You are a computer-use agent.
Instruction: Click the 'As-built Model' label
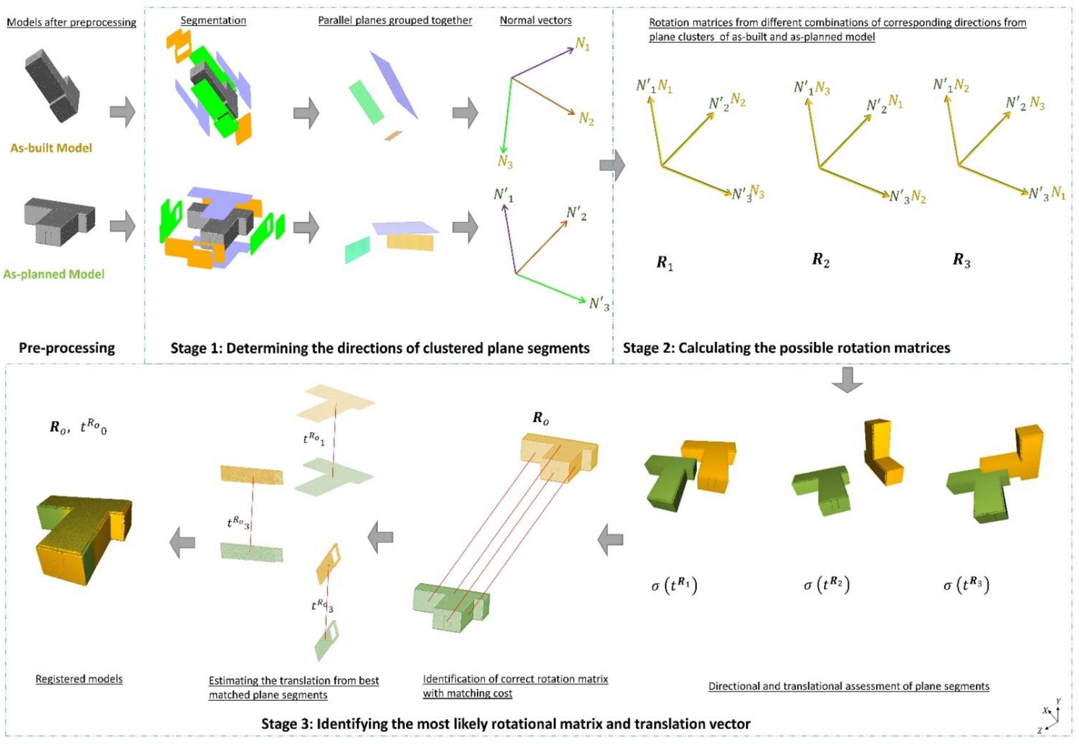(x=51, y=148)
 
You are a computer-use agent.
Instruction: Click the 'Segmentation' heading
(x=213, y=20)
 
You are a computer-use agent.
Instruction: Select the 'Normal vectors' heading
(x=535, y=20)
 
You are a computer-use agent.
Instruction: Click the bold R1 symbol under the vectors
(x=664, y=263)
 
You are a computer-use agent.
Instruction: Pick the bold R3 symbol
(x=961, y=260)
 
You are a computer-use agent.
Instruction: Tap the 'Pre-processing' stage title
(x=67, y=348)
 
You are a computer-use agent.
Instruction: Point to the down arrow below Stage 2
(x=847, y=380)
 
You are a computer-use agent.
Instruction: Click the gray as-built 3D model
(x=51, y=86)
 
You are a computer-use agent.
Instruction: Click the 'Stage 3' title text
(x=506, y=724)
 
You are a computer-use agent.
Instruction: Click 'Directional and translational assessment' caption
(x=849, y=686)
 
